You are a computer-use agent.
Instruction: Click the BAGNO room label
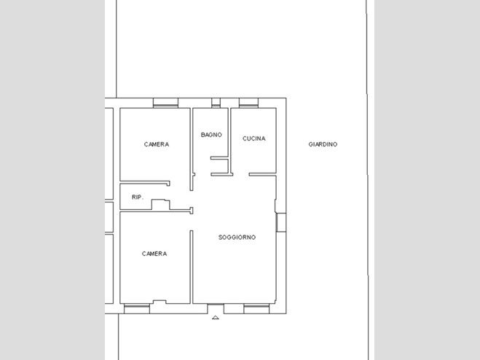(211, 135)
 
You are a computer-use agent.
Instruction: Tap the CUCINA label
(253, 138)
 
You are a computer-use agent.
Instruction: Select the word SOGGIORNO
(237, 237)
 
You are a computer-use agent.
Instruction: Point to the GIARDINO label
(323, 144)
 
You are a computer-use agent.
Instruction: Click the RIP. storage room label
(138, 197)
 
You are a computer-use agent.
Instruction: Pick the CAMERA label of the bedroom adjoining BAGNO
(157, 144)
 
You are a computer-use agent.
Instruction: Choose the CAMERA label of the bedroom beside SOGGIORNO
(154, 254)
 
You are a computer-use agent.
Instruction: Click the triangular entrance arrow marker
(215, 318)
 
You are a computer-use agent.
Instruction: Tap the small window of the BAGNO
(216, 103)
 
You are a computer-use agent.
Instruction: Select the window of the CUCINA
(248, 103)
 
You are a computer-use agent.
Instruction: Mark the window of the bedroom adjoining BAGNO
(165, 103)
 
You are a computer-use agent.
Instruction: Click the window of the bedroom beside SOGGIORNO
(137, 308)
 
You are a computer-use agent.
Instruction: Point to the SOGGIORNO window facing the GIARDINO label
(281, 222)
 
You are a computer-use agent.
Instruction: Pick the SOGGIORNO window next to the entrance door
(256, 308)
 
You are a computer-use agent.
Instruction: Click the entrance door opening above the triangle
(216, 308)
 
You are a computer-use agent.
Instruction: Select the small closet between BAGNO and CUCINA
(220, 166)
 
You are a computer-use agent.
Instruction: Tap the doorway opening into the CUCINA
(241, 175)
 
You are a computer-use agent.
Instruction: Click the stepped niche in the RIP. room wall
(161, 205)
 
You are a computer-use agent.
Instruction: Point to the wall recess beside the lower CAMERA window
(160, 302)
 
